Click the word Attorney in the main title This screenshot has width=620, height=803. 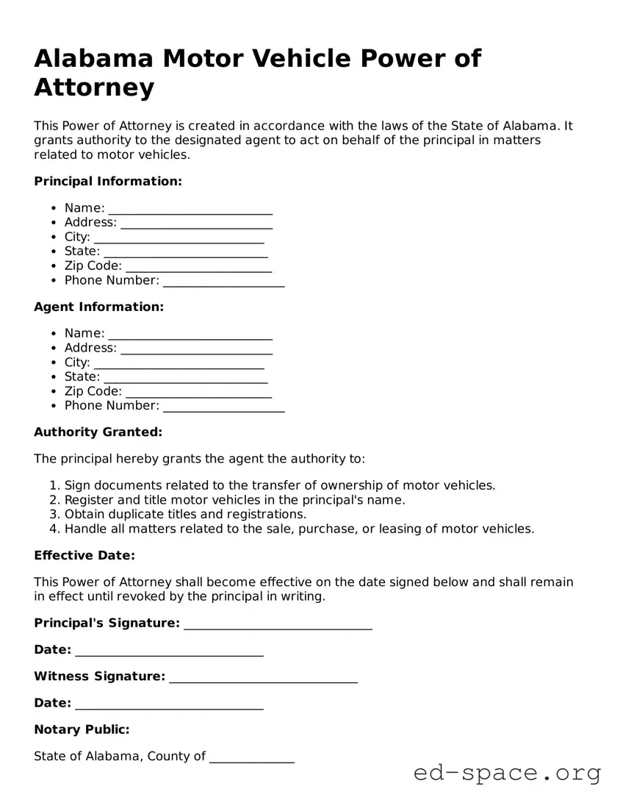click(94, 88)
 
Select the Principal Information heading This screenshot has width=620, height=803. click(107, 181)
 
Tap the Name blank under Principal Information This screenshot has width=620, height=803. click(190, 209)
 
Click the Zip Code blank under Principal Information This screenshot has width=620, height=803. click(198, 266)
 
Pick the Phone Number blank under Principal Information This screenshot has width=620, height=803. click(223, 281)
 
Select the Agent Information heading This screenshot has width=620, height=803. click(98, 307)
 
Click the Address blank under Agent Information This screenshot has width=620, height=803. click(196, 349)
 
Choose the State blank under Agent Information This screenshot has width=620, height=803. click(185, 377)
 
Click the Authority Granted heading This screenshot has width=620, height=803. click(98, 432)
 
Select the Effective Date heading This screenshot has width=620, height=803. click(84, 555)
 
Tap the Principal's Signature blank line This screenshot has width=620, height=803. click(278, 624)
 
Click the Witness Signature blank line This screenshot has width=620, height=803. click(263, 677)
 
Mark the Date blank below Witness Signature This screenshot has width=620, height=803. click(169, 704)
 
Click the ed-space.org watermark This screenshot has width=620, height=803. click(507, 773)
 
